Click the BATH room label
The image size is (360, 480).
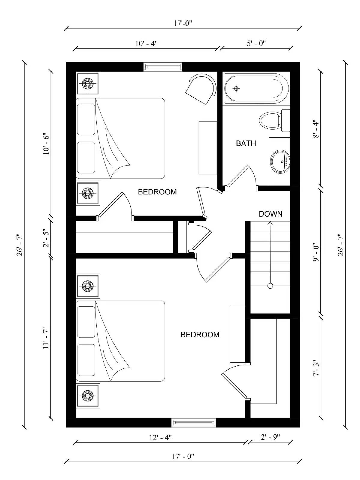point(246,143)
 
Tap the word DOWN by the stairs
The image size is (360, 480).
point(271,214)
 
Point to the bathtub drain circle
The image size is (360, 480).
point(237,88)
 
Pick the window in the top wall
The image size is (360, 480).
point(162,67)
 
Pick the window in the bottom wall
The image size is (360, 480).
point(193,423)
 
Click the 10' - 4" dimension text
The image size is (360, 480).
point(146,43)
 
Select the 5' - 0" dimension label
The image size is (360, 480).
point(256,43)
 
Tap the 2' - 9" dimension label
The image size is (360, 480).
point(270,437)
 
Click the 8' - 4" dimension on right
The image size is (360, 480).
point(316,129)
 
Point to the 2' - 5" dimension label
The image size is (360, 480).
point(46,238)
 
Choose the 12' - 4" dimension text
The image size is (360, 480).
point(160,437)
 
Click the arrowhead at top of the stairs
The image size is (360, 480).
point(270,223)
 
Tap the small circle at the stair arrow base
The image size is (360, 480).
point(270,286)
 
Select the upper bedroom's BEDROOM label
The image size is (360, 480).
point(157,192)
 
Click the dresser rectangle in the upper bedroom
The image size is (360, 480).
point(208,148)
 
